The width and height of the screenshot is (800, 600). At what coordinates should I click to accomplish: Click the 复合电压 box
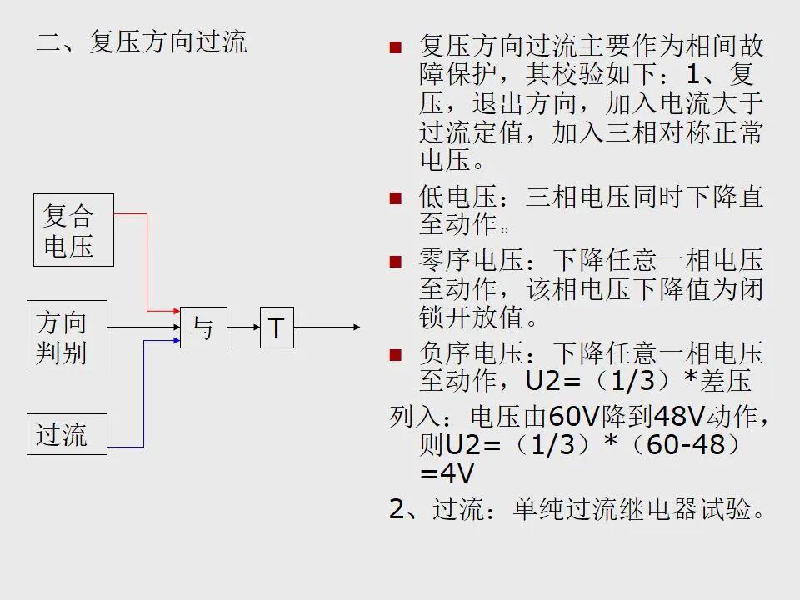tap(73, 230)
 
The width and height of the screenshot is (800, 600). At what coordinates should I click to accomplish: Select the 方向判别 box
tap(67, 337)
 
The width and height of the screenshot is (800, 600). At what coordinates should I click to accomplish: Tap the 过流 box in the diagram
tap(67, 434)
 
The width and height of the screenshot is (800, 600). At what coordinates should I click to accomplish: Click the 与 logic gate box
tap(203, 327)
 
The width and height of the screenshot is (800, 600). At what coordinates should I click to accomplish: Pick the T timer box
tap(277, 327)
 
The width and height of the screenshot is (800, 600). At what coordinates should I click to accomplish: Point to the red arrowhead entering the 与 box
tap(177, 311)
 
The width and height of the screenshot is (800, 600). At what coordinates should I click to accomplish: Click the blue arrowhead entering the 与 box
tap(177, 340)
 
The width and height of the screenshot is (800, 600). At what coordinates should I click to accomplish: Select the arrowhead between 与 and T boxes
tap(257, 327)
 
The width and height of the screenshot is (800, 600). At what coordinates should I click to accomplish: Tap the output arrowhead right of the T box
tap(357, 327)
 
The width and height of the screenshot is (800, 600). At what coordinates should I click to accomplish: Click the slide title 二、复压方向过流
tap(142, 42)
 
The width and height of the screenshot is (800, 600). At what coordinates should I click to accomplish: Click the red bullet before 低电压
tap(395, 198)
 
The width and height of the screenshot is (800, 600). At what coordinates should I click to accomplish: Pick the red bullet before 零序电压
tap(395, 262)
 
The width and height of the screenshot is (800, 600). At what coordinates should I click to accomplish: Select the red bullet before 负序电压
tap(395, 355)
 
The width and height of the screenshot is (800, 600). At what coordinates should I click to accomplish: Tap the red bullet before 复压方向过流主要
tap(395, 47)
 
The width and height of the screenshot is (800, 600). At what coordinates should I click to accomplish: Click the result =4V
tap(447, 473)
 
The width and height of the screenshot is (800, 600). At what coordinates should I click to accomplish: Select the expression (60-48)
tap(685, 445)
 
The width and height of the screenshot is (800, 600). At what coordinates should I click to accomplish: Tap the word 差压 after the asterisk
tap(726, 381)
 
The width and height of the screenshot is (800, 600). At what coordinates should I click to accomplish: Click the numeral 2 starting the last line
tap(397, 508)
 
